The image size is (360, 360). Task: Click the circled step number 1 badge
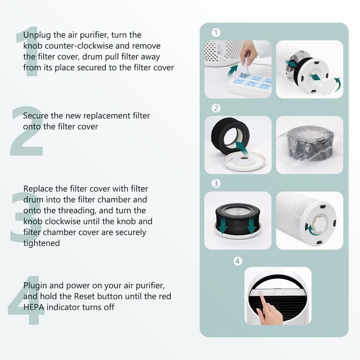click(216, 32)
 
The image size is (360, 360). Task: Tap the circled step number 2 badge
click(216, 108)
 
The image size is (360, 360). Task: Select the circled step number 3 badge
click(216, 183)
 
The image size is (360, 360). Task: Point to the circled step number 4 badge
click(238, 261)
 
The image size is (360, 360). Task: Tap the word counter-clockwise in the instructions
click(79, 46)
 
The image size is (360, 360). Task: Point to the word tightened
click(41, 243)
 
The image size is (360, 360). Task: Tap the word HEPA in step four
click(33, 307)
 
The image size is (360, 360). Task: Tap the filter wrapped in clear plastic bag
click(310, 144)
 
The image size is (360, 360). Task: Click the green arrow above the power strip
click(232, 71)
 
